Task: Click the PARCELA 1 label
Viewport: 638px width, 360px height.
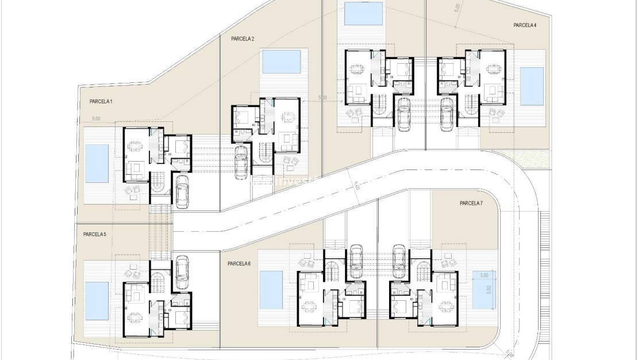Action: click(101, 101)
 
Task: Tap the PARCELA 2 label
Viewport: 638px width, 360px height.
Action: click(243, 39)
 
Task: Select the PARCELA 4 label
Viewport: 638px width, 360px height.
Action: click(525, 25)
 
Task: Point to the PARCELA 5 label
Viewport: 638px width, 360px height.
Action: click(94, 234)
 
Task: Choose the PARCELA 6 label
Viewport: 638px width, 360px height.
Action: click(239, 263)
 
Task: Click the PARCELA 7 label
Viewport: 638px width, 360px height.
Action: click(471, 203)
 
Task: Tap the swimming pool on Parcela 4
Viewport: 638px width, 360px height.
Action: click(532, 86)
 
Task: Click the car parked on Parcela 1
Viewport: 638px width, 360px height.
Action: click(183, 192)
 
